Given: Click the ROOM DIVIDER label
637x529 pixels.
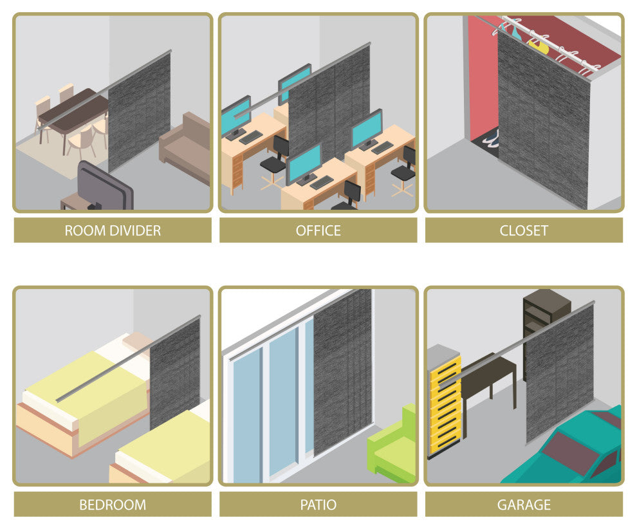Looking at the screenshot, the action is click(x=113, y=231).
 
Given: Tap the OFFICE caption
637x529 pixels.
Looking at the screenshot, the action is click(x=318, y=231).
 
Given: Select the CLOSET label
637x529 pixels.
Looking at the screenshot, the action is click(x=524, y=231).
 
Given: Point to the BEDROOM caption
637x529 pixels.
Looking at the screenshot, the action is click(x=113, y=505).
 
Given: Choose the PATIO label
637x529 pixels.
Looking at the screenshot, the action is click(x=318, y=505).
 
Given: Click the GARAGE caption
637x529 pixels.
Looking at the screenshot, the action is click(x=524, y=505).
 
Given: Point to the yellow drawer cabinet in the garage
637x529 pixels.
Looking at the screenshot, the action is click(x=444, y=402).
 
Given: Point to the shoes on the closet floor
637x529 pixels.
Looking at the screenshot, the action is click(x=491, y=138).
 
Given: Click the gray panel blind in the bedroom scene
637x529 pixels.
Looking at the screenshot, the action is click(x=174, y=374).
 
